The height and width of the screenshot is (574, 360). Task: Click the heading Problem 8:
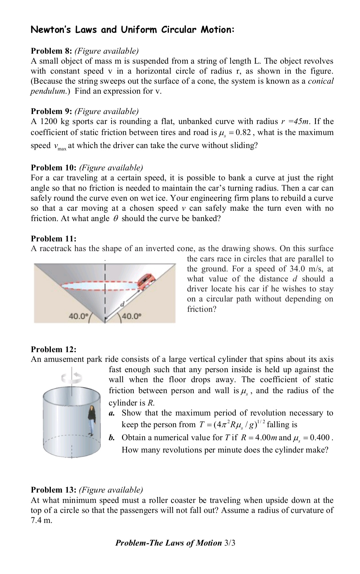coord(51,51)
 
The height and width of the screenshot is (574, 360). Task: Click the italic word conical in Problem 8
coord(320,81)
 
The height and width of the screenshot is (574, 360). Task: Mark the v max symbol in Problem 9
coord(59,146)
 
